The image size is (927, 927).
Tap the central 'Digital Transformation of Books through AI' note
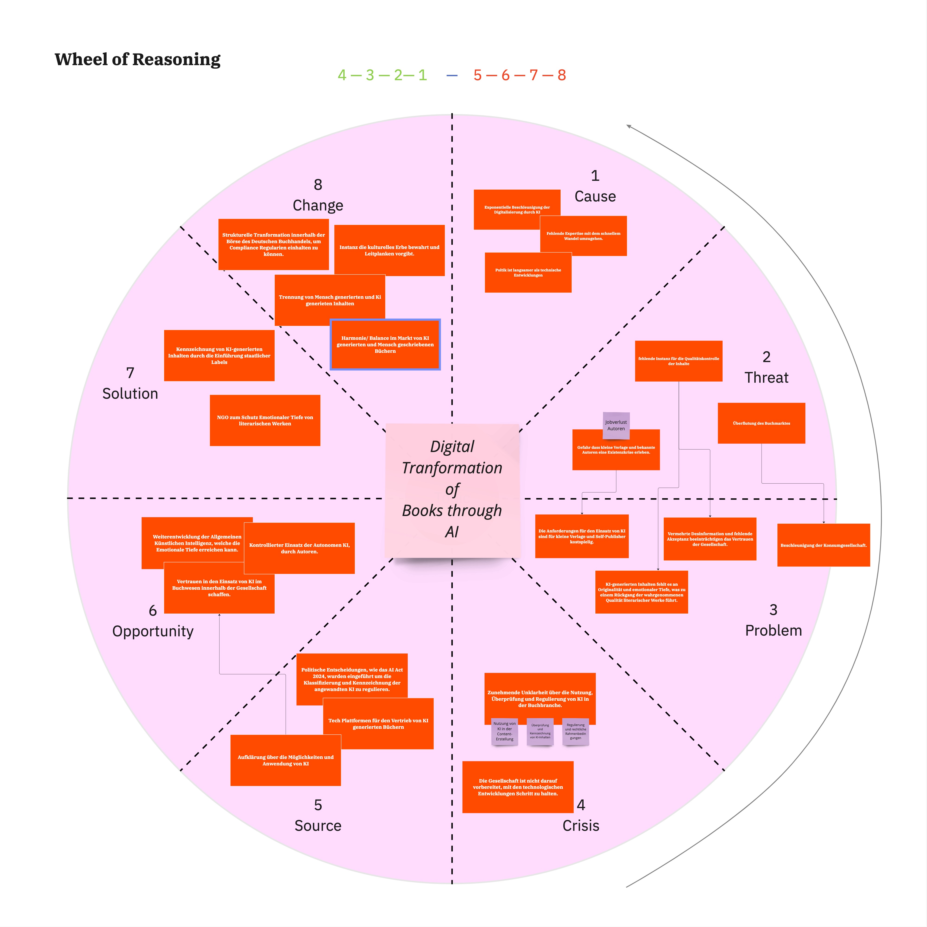click(x=452, y=489)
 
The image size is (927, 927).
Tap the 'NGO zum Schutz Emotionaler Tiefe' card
click(x=265, y=420)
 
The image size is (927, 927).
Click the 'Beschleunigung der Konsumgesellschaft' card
click(x=823, y=545)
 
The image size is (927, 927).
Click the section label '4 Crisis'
click(x=581, y=816)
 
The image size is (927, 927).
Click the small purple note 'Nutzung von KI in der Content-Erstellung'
click(x=504, y=731)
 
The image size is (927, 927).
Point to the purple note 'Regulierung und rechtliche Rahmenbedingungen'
click(x=575, y=731)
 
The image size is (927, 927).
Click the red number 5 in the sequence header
click(x=477, y=75)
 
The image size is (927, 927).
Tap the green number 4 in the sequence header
click(x=342, y=75)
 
